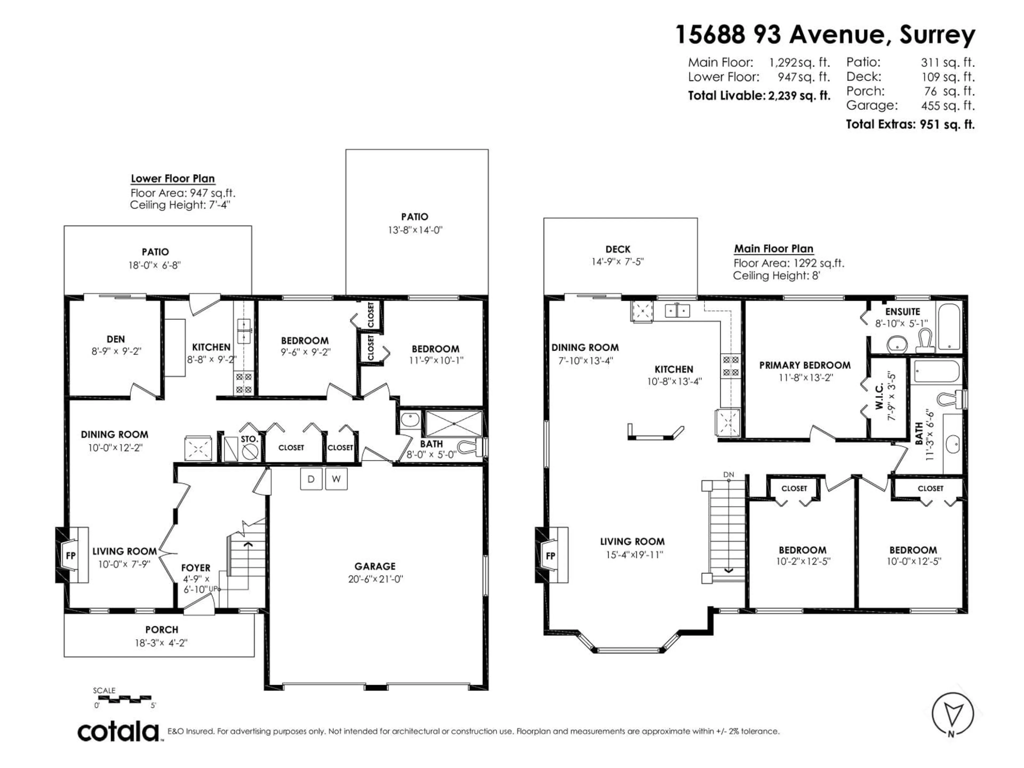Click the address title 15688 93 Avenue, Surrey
[825, 35]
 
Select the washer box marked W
[336, 479]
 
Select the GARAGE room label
[375, 566]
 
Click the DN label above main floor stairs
[729, 474]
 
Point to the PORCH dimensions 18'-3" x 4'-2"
[161, 643]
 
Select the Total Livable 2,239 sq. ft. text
[759, 96]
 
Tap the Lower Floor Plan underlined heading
[173, 179]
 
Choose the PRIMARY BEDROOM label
[805, 365]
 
